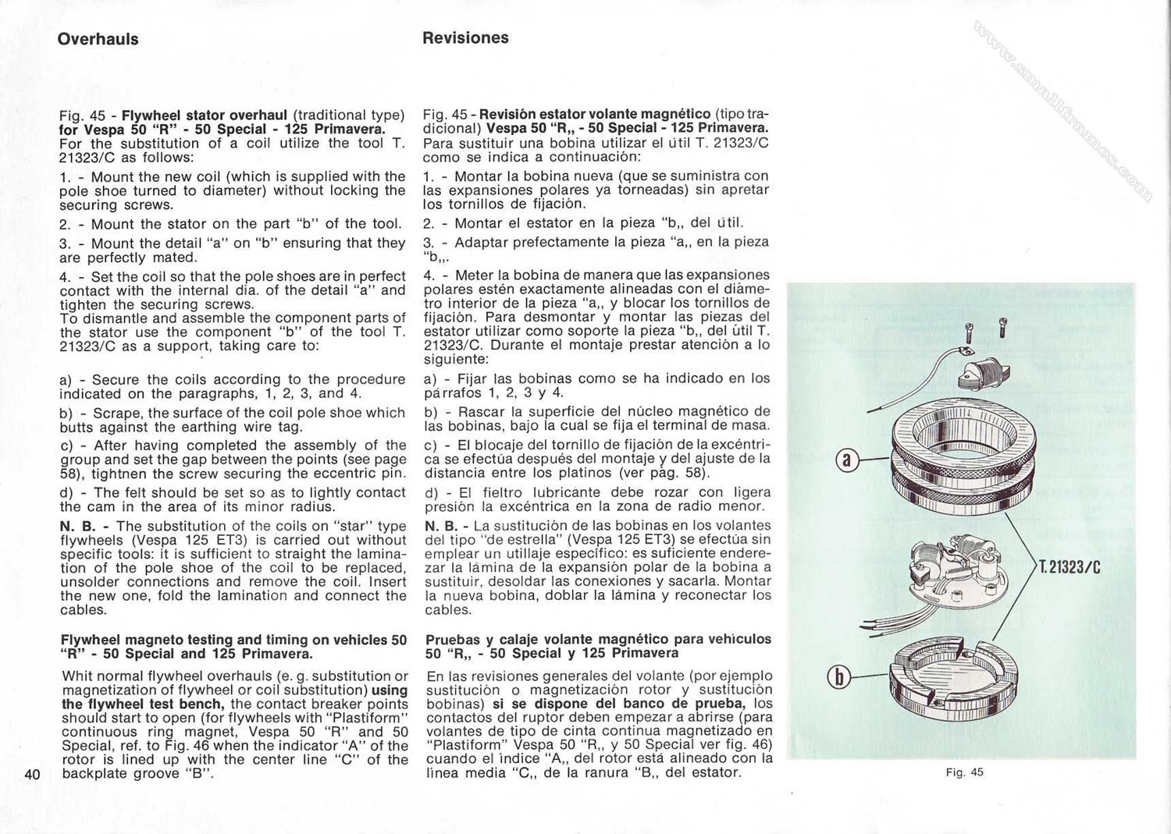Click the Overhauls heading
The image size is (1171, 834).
click(98, 39)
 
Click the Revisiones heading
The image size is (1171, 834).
click(465, 37)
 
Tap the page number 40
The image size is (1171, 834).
click(32, 774)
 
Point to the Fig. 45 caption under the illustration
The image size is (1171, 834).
click(964, 772)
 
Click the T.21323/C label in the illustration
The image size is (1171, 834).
click(1069, 567)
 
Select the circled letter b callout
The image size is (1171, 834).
click(839, 676)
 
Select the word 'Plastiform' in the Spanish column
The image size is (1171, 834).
click(468, 744)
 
